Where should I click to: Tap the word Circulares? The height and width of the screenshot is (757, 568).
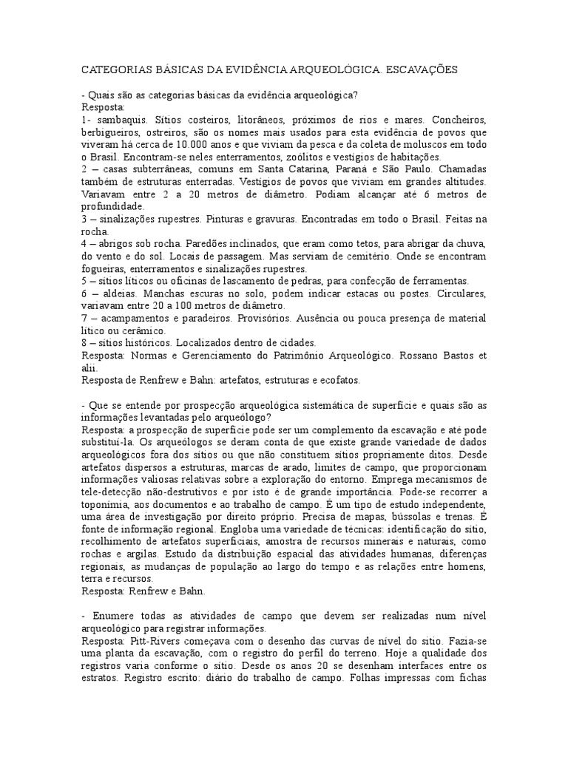[x=458, y=293]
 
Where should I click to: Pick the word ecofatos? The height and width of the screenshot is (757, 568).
[x=337, y=380]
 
